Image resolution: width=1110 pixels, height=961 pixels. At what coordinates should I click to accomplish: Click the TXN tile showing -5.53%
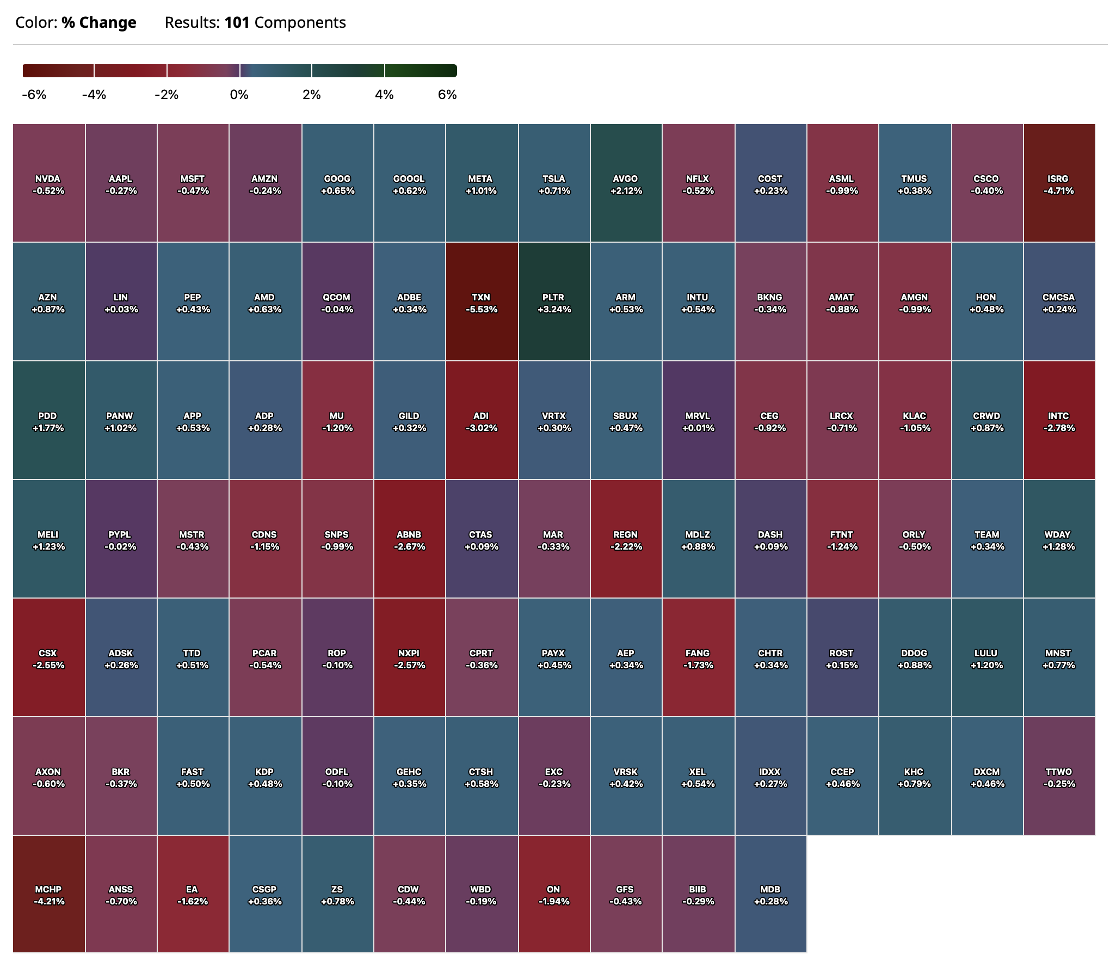pos(482,301)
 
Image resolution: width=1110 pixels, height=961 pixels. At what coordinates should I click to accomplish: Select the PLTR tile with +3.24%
pos(554,301)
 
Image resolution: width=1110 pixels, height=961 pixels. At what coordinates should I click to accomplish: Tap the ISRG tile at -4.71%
pos(1058,183)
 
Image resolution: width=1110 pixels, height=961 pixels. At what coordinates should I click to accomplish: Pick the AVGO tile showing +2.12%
pos(626,183)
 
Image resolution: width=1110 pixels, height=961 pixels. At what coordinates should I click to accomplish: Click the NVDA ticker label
pos(48,178)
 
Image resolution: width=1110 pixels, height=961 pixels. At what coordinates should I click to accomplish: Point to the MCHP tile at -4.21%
pos(49,895)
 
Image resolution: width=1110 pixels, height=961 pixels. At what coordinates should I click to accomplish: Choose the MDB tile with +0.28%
pos(770,895)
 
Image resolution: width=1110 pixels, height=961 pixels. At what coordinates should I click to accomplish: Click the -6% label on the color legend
pos(34,95)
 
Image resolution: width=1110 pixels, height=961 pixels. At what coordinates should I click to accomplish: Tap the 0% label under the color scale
pos(239,95)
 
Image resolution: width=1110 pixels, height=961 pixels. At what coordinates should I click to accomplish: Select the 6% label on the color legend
pos(447,95)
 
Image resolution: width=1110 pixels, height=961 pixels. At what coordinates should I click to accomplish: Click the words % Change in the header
pos(98,22)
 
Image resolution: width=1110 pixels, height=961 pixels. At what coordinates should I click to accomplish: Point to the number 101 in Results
pos(237,22)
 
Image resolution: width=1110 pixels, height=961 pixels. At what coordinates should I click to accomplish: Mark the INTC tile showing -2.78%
pos(1058,420)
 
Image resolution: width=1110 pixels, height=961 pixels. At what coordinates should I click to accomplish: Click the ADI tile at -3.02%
pos(482,420)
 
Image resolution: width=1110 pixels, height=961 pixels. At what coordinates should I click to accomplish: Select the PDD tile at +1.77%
pos(49,420)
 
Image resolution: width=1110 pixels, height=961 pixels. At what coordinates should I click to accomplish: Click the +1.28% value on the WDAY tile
pos(1058,546)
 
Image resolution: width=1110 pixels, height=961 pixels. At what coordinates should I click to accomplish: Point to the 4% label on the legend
pos(384,95)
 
